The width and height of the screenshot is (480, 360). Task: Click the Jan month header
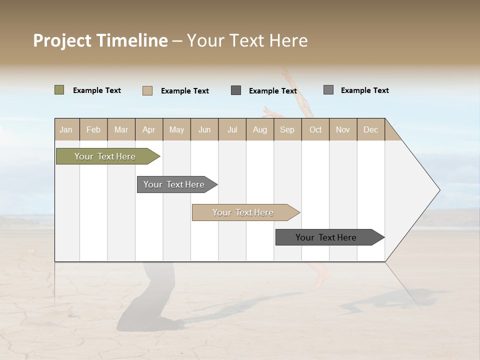click(66, 129)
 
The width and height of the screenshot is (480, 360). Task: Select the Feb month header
click(93, 129)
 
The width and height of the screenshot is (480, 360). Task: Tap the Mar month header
click(121, 129)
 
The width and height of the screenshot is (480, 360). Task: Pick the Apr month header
click(149, 129)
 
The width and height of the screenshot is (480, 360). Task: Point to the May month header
click(176, 129)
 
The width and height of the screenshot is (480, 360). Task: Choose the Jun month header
click(204, 129)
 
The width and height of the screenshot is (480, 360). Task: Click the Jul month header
click(232, 129)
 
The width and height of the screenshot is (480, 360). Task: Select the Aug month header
click(260, 129)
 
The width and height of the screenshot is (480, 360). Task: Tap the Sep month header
click(287, 129)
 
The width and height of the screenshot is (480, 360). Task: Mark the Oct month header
click(315, 129)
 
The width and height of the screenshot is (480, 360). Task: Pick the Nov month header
click(343, 129)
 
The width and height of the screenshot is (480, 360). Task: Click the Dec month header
click(371, 129)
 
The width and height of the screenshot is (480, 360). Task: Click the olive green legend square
click(59, 90)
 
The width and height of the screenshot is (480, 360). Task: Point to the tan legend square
click(147, 90)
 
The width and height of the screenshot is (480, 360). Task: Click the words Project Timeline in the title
click(100, 40)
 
